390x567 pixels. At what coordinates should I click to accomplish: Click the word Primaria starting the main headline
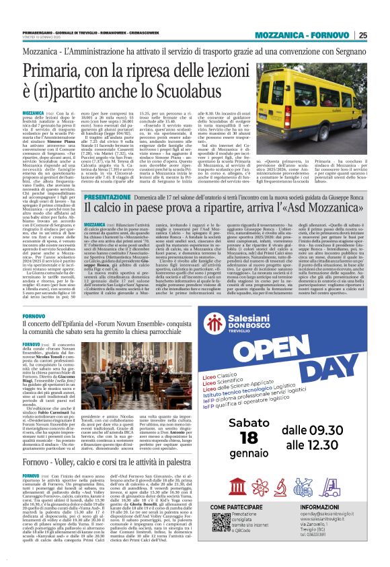tap(52, 71)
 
